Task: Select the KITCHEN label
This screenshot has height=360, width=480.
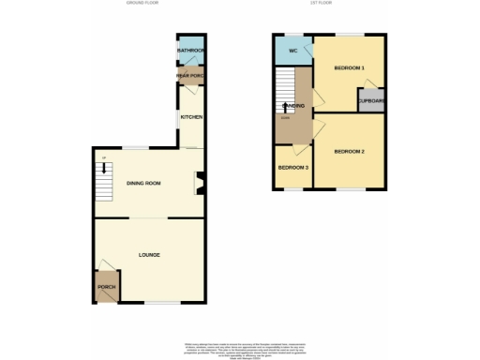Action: [x=191, y=117]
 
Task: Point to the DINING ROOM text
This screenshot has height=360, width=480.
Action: [x=144, y=184]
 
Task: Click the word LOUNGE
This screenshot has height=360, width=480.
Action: [x=149, y=255]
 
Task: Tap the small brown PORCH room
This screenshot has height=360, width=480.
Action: [x=106, y=289]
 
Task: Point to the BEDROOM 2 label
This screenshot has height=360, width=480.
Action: [x=349, y=151]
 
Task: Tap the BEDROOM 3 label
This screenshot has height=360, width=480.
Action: [x=293, y=168]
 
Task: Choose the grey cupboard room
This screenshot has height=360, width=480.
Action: [x=370, y=101]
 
